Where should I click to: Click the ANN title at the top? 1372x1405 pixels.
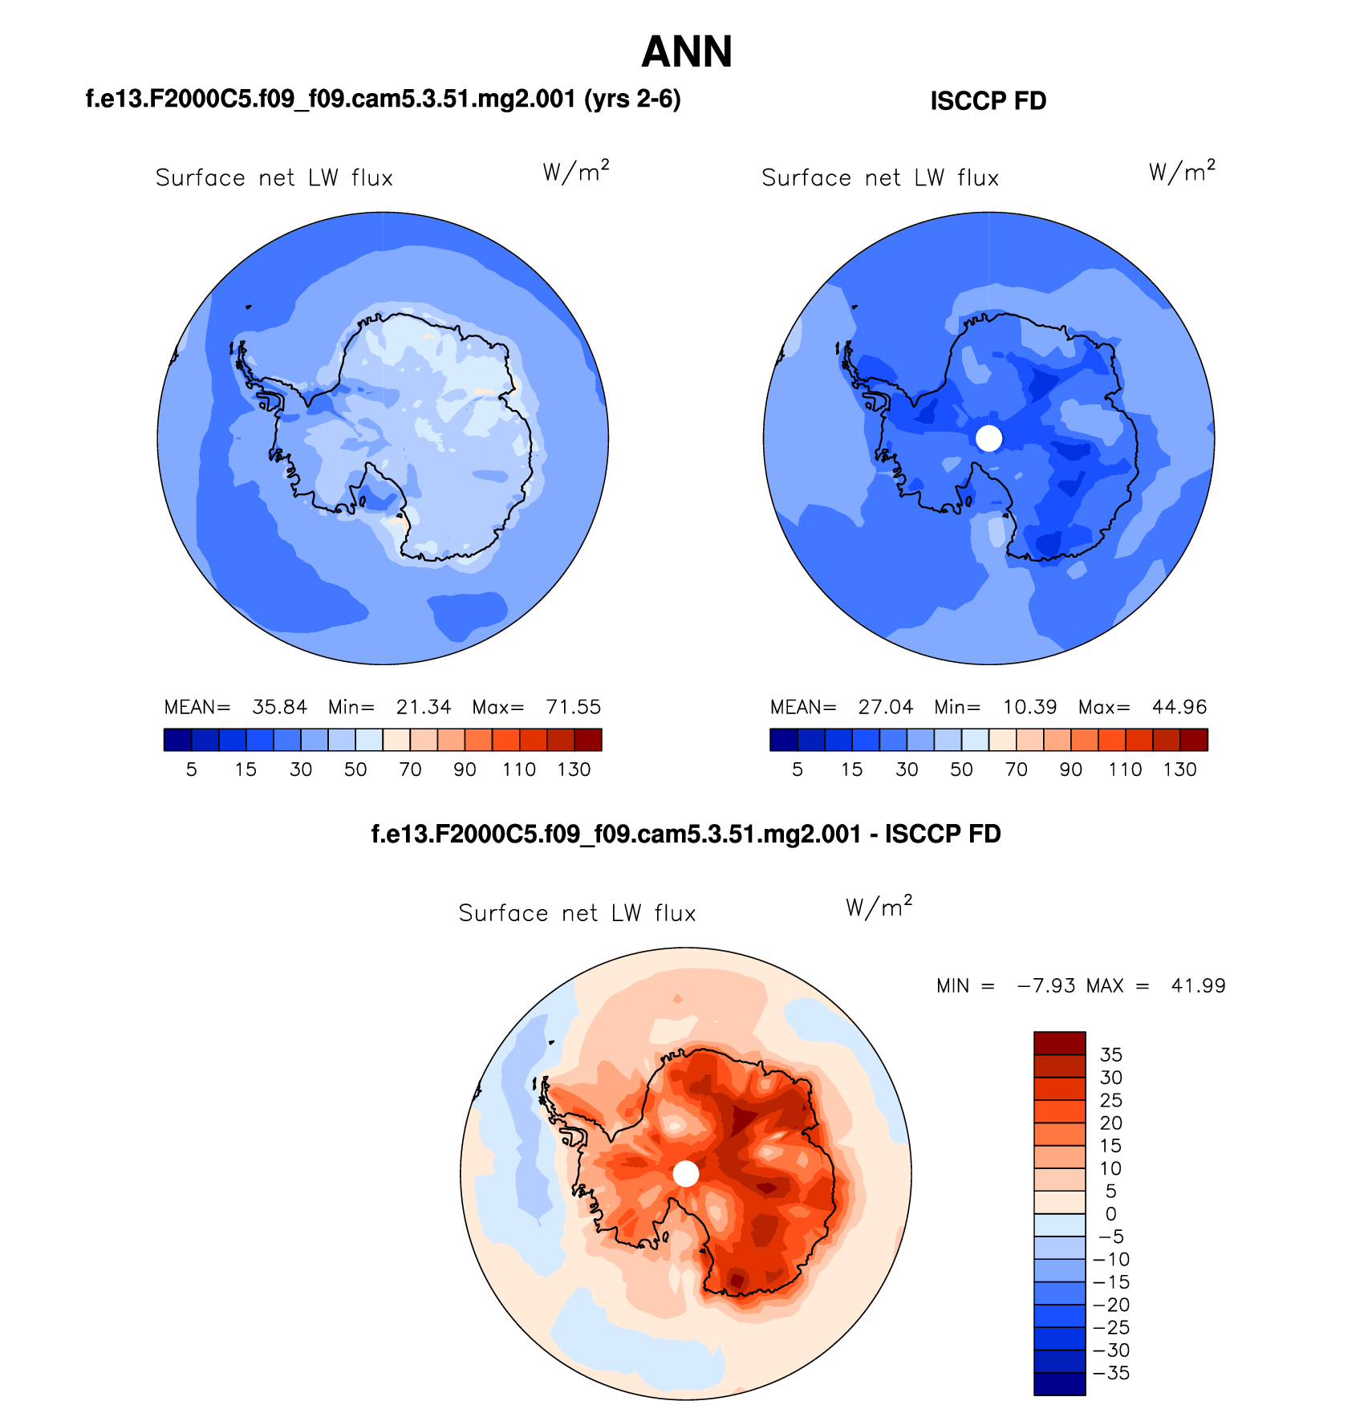point(687,52)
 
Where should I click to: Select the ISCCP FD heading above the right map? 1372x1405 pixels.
point(988,101)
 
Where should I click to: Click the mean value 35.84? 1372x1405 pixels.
point(279,707)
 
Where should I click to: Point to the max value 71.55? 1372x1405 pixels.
point(573,707)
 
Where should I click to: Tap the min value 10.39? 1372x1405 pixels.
point(1029,707)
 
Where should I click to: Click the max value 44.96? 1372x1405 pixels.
point(1179,707)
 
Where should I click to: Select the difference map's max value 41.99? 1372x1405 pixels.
point(1198,985)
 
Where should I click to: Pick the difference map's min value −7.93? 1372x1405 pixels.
point(1045,985)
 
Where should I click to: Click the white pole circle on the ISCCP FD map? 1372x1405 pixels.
point(988,438)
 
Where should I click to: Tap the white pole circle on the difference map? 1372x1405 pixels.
point(685,1174)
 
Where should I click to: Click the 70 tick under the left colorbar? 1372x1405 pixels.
point(410,770)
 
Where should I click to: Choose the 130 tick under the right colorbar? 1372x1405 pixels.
point(1179,770)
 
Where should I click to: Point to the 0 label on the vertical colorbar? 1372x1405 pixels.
point(1110,1214)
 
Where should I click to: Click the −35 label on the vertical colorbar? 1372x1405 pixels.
point(1111,1373)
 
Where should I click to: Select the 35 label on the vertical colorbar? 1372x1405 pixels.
point(1110,1055)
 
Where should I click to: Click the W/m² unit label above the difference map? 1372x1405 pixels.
point(879,908)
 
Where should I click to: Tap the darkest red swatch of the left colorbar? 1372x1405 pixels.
point(588,740)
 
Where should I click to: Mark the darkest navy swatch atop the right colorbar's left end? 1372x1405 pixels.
point(783,740)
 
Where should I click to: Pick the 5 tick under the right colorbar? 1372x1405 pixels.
point(797,770)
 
